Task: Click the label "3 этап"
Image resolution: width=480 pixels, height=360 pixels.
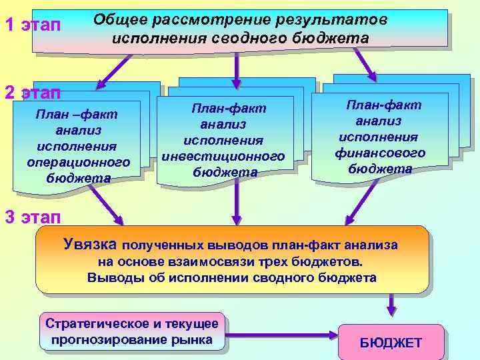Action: [32, 217]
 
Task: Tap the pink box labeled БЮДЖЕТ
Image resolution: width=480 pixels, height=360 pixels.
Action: [391, 342]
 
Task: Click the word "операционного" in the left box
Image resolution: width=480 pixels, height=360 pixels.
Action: [79, 162]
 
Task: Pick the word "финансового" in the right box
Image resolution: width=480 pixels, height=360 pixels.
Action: [380, 153]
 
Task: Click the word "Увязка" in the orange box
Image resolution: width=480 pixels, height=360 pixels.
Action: [91, 244]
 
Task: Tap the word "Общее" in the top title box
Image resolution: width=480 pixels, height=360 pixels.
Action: [120, 20]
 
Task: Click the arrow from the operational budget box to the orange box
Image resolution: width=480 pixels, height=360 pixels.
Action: [107, 205]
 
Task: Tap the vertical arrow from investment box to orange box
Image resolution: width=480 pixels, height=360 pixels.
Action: [237, 203]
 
